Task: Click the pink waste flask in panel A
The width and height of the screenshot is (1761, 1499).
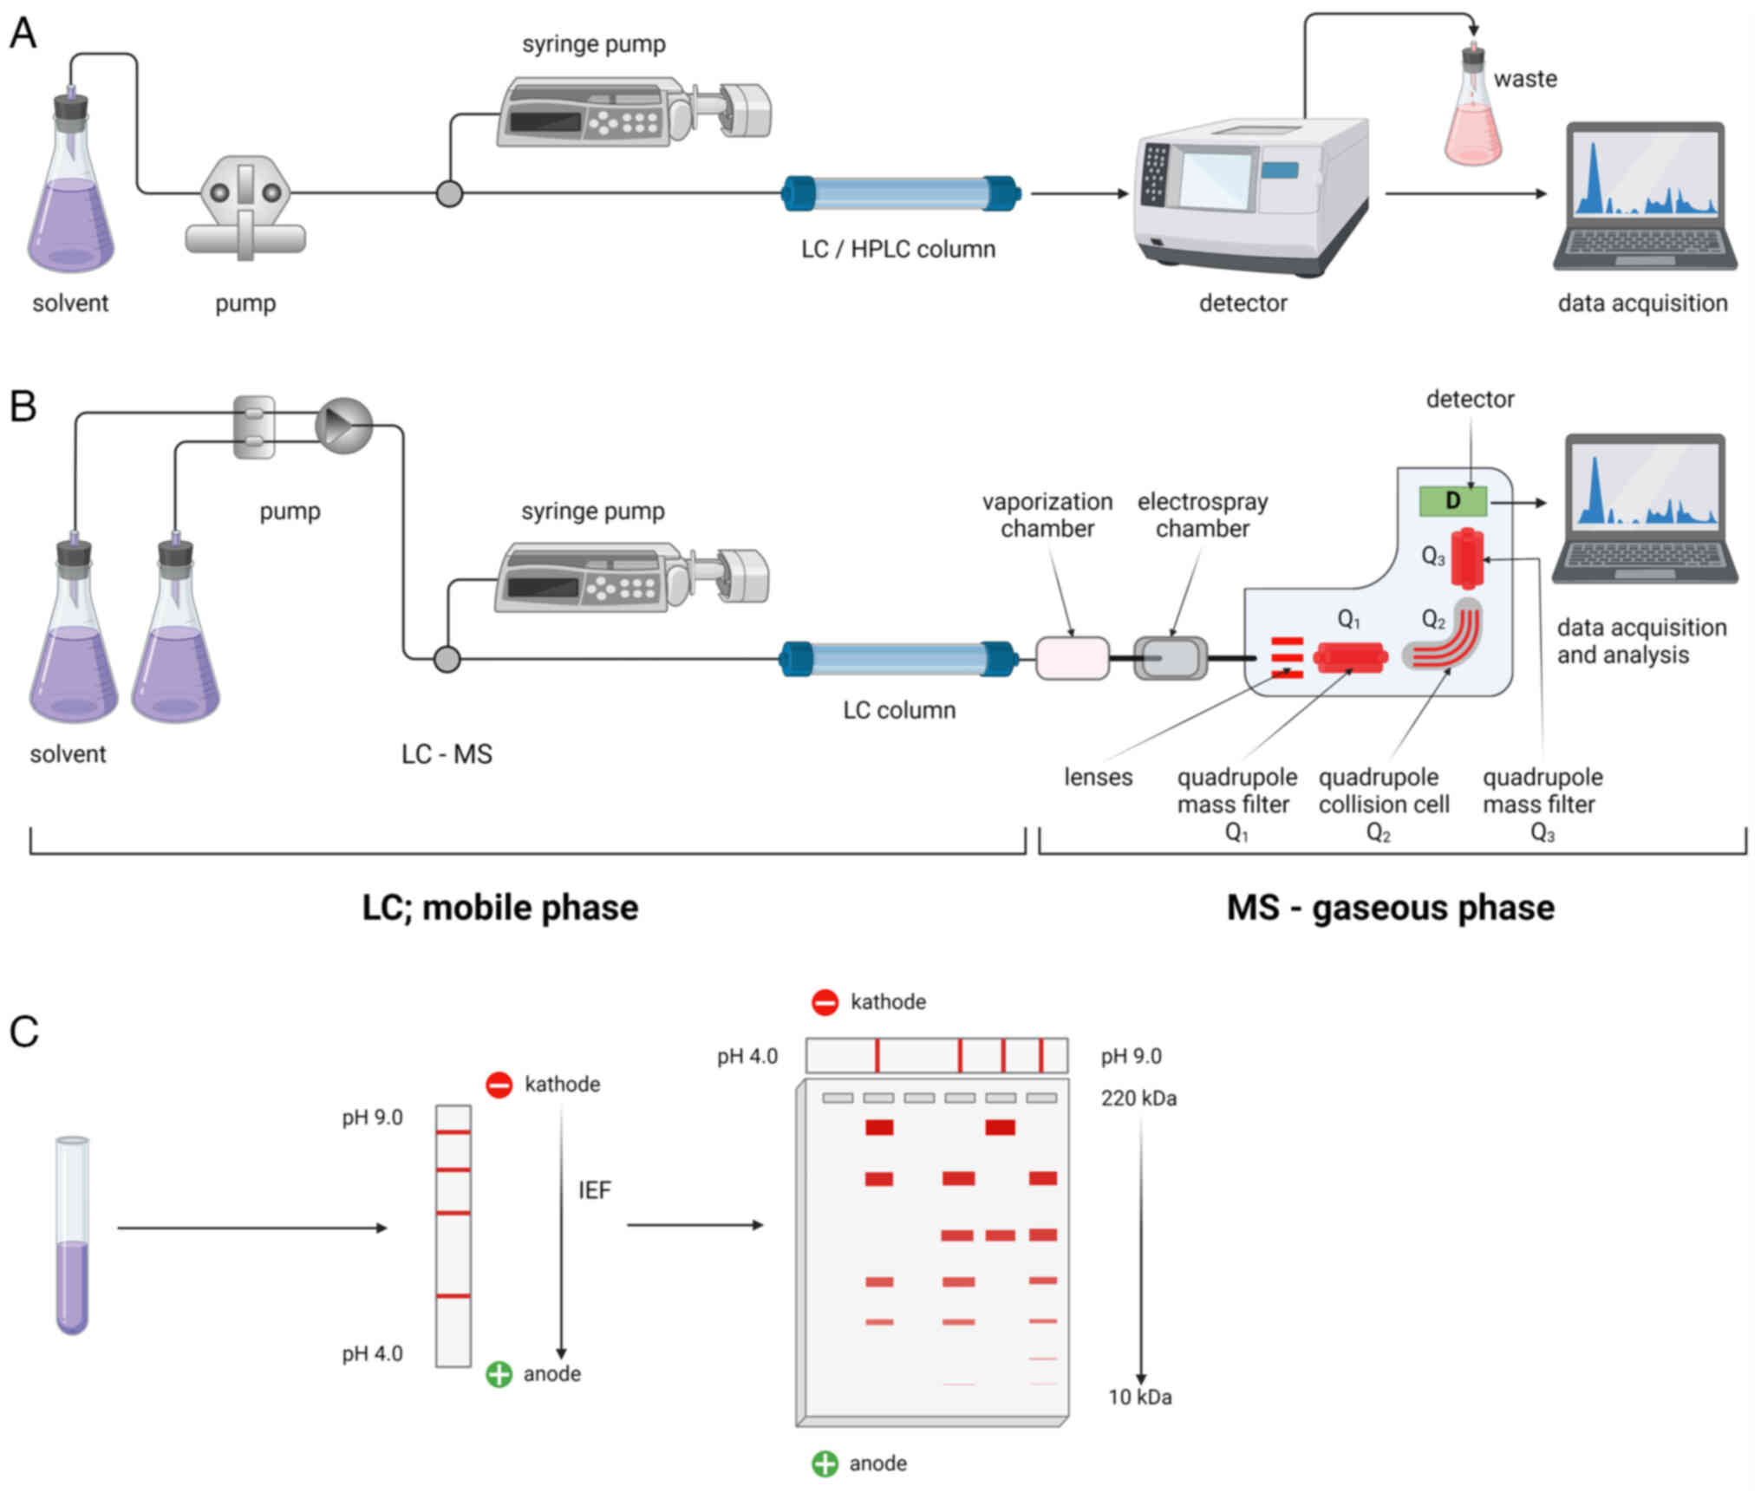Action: pyautogui.click(x=1472, y=117)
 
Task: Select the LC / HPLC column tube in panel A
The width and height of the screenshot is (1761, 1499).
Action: pyautogui.click(x=901, y=193)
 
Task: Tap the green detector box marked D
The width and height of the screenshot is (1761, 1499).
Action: pyautogui.click(x=1453, y=501)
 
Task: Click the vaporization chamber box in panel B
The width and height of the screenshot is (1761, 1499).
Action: pyautogui.click(x=1073, y=659)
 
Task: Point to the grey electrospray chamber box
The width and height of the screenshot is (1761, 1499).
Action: pyautogui.click(x=1171, y=659)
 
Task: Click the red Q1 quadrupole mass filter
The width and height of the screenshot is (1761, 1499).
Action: pyautogui.click(x=1350, y=657)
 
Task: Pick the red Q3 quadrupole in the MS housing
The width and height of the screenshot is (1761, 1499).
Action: pyautogui.click(x=1467, y=558)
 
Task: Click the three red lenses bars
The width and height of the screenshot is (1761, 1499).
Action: pyautogui.click(x=1288, y=658)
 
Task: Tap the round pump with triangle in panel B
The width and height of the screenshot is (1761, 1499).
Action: pyautogui.click(x=344, y=426)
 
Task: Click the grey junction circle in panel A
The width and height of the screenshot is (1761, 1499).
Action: pyautogui.click(x=449, y=193)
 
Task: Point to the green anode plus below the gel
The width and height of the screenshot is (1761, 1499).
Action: pyautogui.click(x=825, y=1464)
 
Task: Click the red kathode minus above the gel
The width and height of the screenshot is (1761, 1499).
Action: pyautogui.click(x=825, y=1002)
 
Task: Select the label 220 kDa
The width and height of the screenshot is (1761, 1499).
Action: pyautogui.click(x=1138, y=1098)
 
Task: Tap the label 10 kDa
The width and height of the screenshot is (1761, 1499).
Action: pyautogui.click(x=1140, y=1398)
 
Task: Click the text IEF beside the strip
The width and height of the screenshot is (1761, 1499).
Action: pyautogui.click(x=595, y=1190)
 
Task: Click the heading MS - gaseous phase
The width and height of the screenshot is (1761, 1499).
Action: pyautogui.click(x=1390, y=908)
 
